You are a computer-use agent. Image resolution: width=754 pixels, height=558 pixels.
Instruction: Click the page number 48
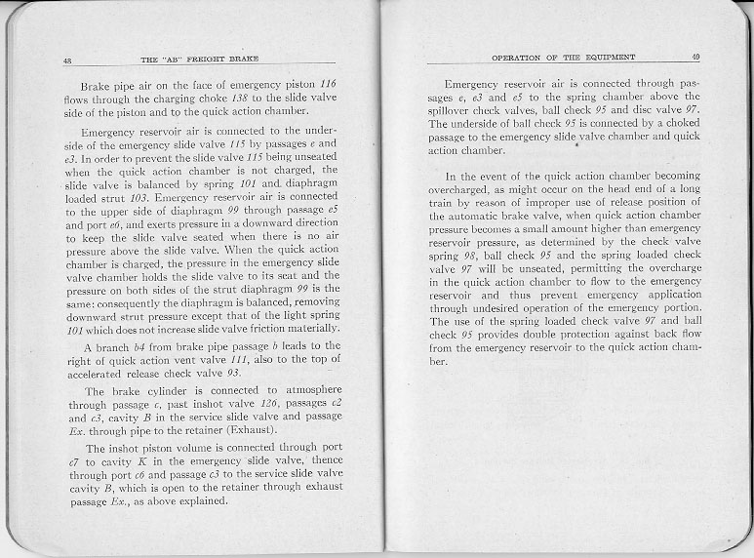pos(67,61)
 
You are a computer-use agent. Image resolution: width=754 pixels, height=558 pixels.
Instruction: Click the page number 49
pos(695,57)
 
